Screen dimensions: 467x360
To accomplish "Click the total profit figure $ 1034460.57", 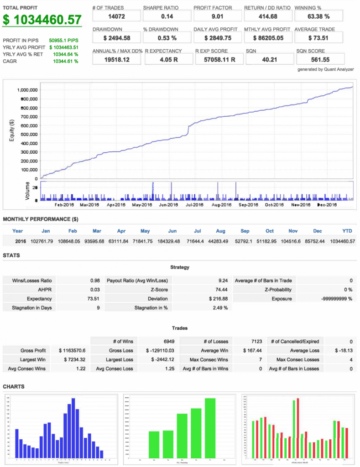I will click(42, 20).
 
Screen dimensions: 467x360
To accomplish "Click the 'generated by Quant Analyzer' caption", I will click(325, 69).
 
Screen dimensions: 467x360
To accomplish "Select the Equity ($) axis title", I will click(12, 131).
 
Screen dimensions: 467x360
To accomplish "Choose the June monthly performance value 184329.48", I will click(172, 241).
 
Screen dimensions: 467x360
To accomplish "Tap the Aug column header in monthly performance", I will click(220, 231).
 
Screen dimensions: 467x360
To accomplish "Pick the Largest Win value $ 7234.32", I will click(73, 359).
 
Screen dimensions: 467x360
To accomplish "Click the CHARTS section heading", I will click(14, 387).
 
